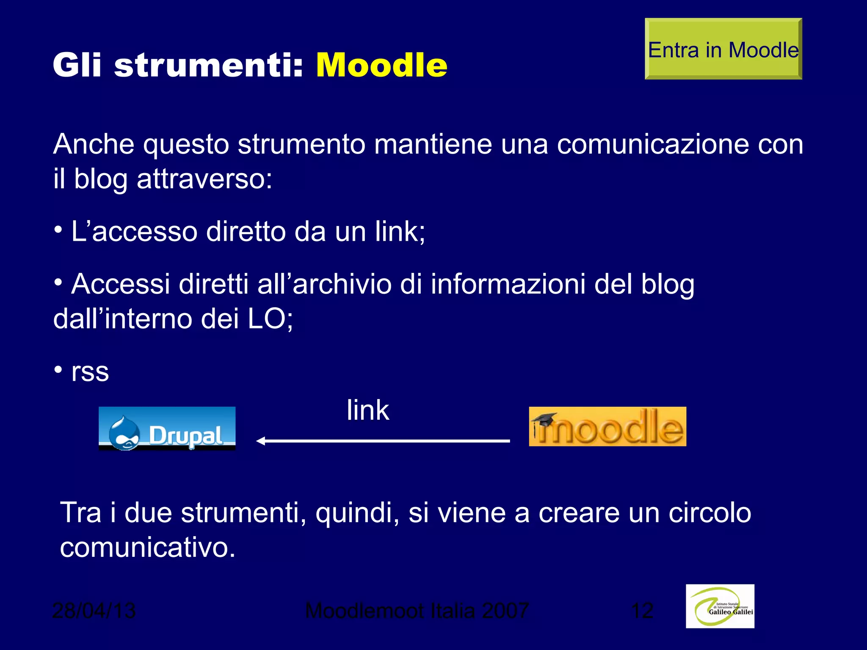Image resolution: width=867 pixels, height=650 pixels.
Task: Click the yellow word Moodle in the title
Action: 381,66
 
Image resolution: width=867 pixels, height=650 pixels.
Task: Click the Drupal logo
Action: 167,428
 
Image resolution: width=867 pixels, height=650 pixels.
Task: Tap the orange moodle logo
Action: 607,427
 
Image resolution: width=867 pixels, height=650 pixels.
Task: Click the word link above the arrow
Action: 367,410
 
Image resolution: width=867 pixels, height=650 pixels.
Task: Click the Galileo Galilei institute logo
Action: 720,606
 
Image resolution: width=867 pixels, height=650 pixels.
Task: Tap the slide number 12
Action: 642,611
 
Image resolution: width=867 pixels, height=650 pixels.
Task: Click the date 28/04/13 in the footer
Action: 94,611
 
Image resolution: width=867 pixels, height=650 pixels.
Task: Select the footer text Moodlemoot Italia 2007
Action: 417,611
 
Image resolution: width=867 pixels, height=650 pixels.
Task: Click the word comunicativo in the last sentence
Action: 147,548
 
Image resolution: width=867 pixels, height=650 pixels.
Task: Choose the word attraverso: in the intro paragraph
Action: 204,179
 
